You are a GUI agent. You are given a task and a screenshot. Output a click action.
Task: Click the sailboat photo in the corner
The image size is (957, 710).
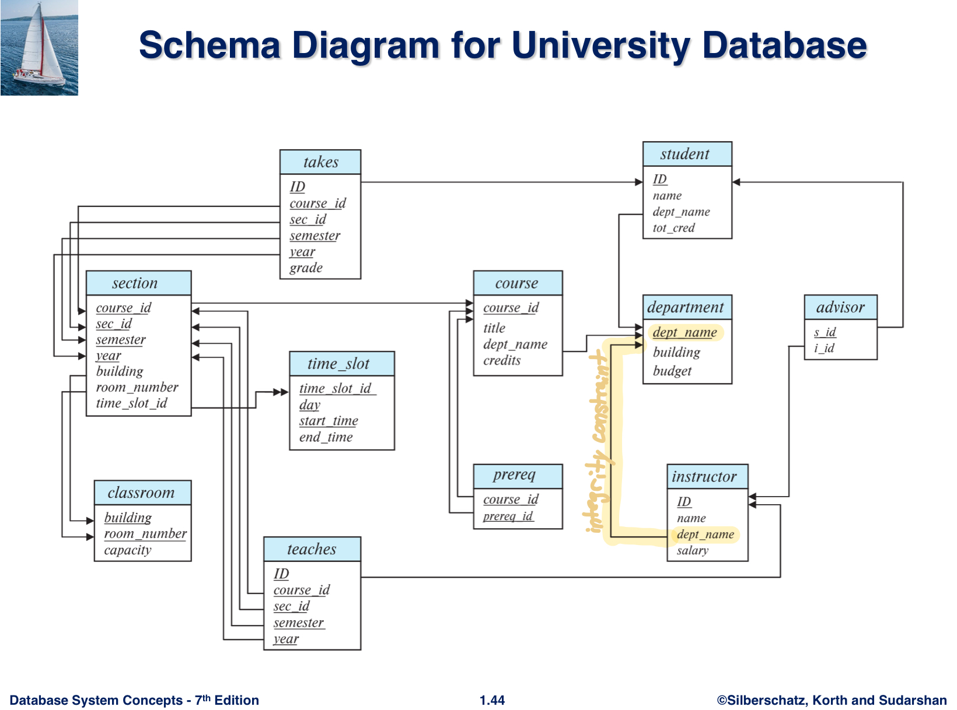coord(39,48)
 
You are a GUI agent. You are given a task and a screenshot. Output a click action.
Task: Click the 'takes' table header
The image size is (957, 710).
coord(320,162)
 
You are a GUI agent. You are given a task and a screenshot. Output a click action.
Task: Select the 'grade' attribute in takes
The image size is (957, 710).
coord(306,268)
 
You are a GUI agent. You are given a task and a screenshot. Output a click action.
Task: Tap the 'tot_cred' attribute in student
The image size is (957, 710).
coord(673,228)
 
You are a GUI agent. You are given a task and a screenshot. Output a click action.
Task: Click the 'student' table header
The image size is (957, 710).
coord(686,154)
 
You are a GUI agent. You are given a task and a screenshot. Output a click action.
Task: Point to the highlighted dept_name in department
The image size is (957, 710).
coord(684,332)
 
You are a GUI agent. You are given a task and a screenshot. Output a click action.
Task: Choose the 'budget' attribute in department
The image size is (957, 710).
coord(672,371)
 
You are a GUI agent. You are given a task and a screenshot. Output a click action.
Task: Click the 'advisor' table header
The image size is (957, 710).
coord(840,307)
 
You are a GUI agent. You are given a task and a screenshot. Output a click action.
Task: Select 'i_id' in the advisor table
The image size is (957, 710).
coord(824,348)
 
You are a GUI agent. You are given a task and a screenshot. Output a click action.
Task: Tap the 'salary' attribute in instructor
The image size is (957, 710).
coord(692,550)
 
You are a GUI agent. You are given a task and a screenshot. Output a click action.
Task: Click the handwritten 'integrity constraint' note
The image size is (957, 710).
coord(599,443)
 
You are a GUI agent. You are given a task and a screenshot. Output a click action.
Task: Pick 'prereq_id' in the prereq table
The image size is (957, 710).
coord(508,516)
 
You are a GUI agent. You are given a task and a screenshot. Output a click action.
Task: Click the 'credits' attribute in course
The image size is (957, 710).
coord(502,360)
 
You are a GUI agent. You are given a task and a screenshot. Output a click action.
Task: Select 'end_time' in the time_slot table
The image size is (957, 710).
coord(326,437)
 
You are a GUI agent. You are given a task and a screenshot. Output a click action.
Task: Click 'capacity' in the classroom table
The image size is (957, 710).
coord(128,550)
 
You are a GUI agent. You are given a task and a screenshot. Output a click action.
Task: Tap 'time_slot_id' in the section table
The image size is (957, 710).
coord(131,403)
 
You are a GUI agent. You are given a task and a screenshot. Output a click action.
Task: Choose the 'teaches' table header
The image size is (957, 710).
coord(312,549)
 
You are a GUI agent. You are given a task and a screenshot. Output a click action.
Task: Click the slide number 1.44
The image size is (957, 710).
coord(492,700)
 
